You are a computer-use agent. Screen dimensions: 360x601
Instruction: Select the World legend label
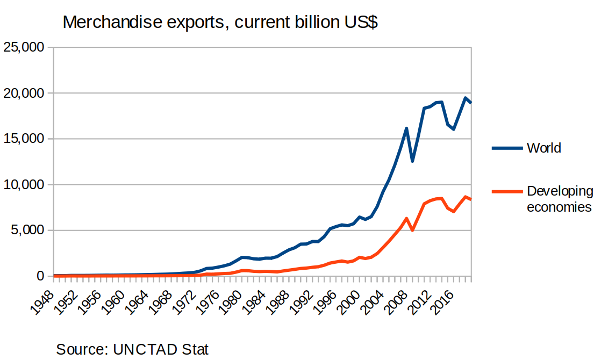[543, 148]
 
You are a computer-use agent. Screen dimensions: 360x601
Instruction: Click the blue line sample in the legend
[507, 148]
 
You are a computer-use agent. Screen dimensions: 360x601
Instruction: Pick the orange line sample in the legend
[507, 192]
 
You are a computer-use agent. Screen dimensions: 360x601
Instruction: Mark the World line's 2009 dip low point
[412, 161]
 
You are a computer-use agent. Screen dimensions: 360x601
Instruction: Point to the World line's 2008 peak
[406, 128]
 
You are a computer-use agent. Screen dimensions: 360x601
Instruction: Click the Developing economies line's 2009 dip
[412, 230]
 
